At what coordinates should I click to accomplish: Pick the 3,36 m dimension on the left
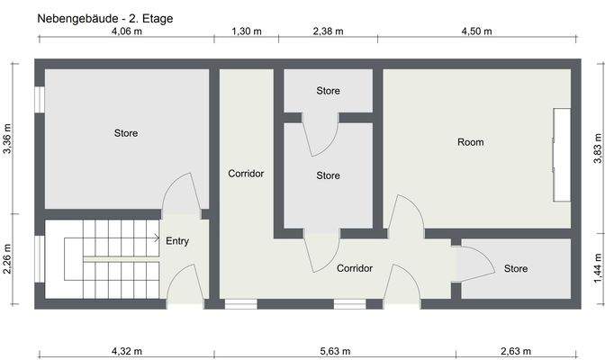click(x=8, y=139)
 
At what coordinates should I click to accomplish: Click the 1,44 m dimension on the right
click(x=597, y=267)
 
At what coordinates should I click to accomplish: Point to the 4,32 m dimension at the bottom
click(x=126, y=350)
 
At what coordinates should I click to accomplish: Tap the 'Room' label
click(x=470, y=142)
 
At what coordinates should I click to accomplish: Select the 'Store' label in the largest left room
click(x=126, y=133)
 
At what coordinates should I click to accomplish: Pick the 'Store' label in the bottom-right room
click(x=516, y=269)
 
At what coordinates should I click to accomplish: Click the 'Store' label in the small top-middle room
click(x=328, y=91)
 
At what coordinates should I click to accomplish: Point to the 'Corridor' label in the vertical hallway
click(x=246, y=174)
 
